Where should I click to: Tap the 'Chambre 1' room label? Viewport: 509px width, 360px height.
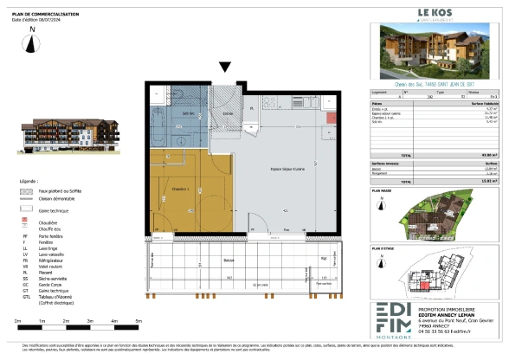[x=180, y=188]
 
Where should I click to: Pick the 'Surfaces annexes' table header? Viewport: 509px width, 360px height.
[x=390, y=162]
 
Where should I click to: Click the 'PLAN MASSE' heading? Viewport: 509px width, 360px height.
[x=383, y=188]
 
